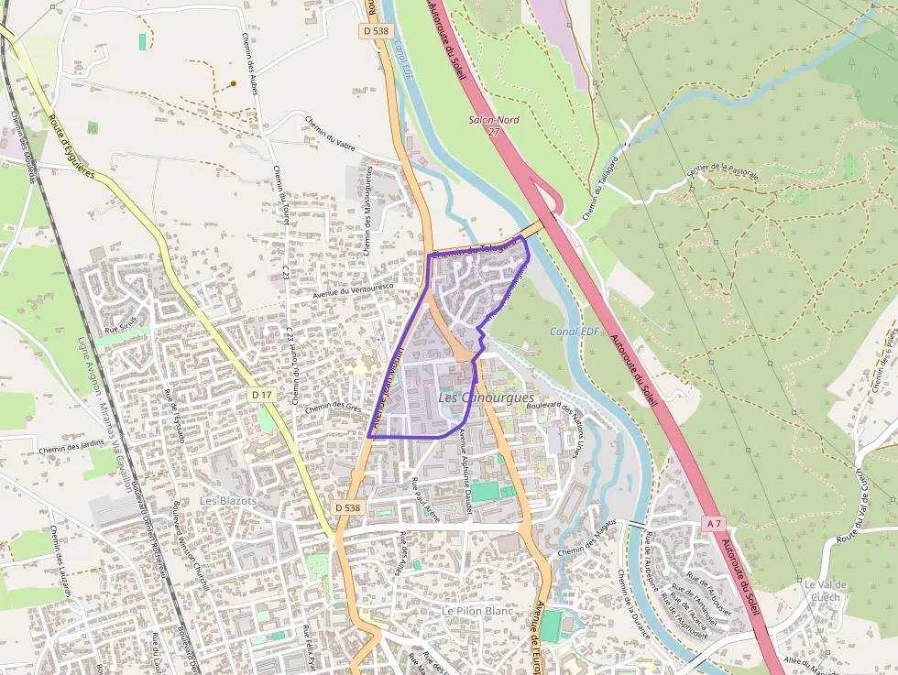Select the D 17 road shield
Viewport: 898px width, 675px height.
coord(261,395)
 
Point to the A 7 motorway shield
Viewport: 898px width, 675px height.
coord(715,522)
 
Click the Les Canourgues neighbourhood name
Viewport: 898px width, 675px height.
coord(486,398)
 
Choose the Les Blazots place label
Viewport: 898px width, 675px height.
coord(228,501)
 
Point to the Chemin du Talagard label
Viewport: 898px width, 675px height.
coord(597,198)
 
